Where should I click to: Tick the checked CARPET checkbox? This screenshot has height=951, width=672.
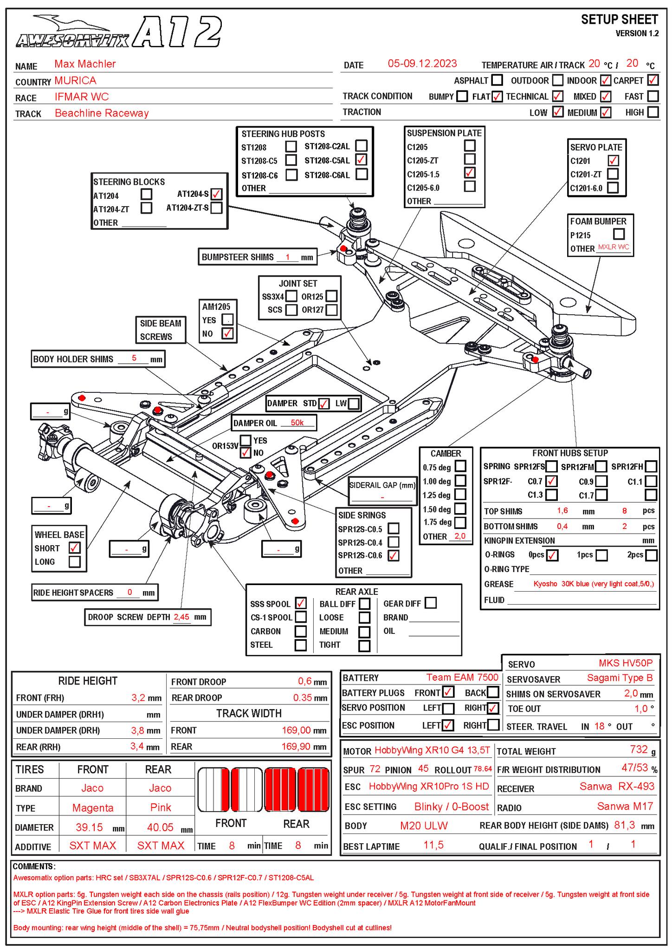[653, 80]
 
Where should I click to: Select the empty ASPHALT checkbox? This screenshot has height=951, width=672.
[497, 80]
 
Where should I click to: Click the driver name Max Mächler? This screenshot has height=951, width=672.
[85, 64]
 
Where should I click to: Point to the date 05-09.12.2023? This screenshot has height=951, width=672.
[422, 64]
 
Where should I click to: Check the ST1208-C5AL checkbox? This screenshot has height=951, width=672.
[361, 160]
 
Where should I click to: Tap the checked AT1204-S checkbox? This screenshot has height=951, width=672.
[216, 194]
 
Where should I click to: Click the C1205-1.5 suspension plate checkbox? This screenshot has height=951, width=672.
[470, 173]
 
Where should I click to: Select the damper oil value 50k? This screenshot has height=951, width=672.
[297, 423]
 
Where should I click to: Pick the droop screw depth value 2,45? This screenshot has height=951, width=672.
[181, 617]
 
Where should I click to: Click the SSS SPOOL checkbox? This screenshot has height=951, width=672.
[301, 603]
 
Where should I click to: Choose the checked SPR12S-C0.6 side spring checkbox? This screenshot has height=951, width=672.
[394, 555]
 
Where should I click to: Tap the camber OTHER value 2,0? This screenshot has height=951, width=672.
[459, 536]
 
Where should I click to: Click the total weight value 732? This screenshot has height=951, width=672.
[639, 749]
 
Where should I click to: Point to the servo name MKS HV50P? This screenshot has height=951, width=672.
[625, 663]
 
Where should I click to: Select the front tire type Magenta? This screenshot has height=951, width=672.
[93, 808]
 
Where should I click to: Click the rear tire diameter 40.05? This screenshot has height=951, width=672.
[160, 827]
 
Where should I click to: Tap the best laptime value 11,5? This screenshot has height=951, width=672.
[433, 845]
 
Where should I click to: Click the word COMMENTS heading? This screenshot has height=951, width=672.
[34, 866]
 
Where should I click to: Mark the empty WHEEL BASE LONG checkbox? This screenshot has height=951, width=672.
[74, 561]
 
